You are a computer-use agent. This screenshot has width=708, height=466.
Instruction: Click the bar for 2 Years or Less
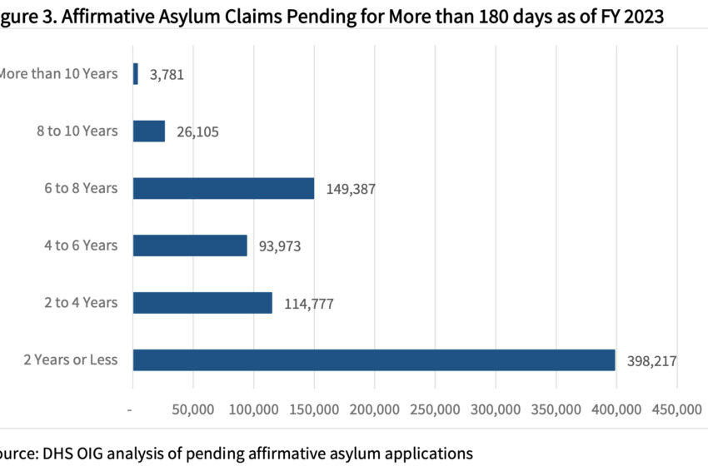[x=374, y=359]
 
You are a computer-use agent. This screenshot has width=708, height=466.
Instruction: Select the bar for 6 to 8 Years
[x=223, y=188]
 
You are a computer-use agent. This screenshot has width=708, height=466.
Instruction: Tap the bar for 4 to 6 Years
[x=190, y=245]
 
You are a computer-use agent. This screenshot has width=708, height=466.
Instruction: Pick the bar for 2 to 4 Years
[x=202, y=302]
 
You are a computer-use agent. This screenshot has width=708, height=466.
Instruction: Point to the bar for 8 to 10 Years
[x=149, y=131]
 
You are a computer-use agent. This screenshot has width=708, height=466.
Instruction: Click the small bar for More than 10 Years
[x=136, y=74]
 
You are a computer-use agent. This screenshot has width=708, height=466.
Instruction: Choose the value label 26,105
[x=197, y=132]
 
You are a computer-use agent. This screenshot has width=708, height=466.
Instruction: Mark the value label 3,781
[x=167, y=75]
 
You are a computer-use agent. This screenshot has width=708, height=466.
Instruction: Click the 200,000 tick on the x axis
[x=374, y=410]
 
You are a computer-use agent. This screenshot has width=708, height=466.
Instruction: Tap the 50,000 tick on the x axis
[x=193, y=410]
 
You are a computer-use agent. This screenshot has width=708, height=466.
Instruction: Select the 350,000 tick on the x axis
[x=556, y=410]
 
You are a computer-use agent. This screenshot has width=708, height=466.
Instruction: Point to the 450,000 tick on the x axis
[x=676, y=410]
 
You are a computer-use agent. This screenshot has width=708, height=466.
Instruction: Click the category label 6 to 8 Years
[x=82, y=188]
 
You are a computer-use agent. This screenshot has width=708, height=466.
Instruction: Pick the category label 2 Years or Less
[x=71, y=359]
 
